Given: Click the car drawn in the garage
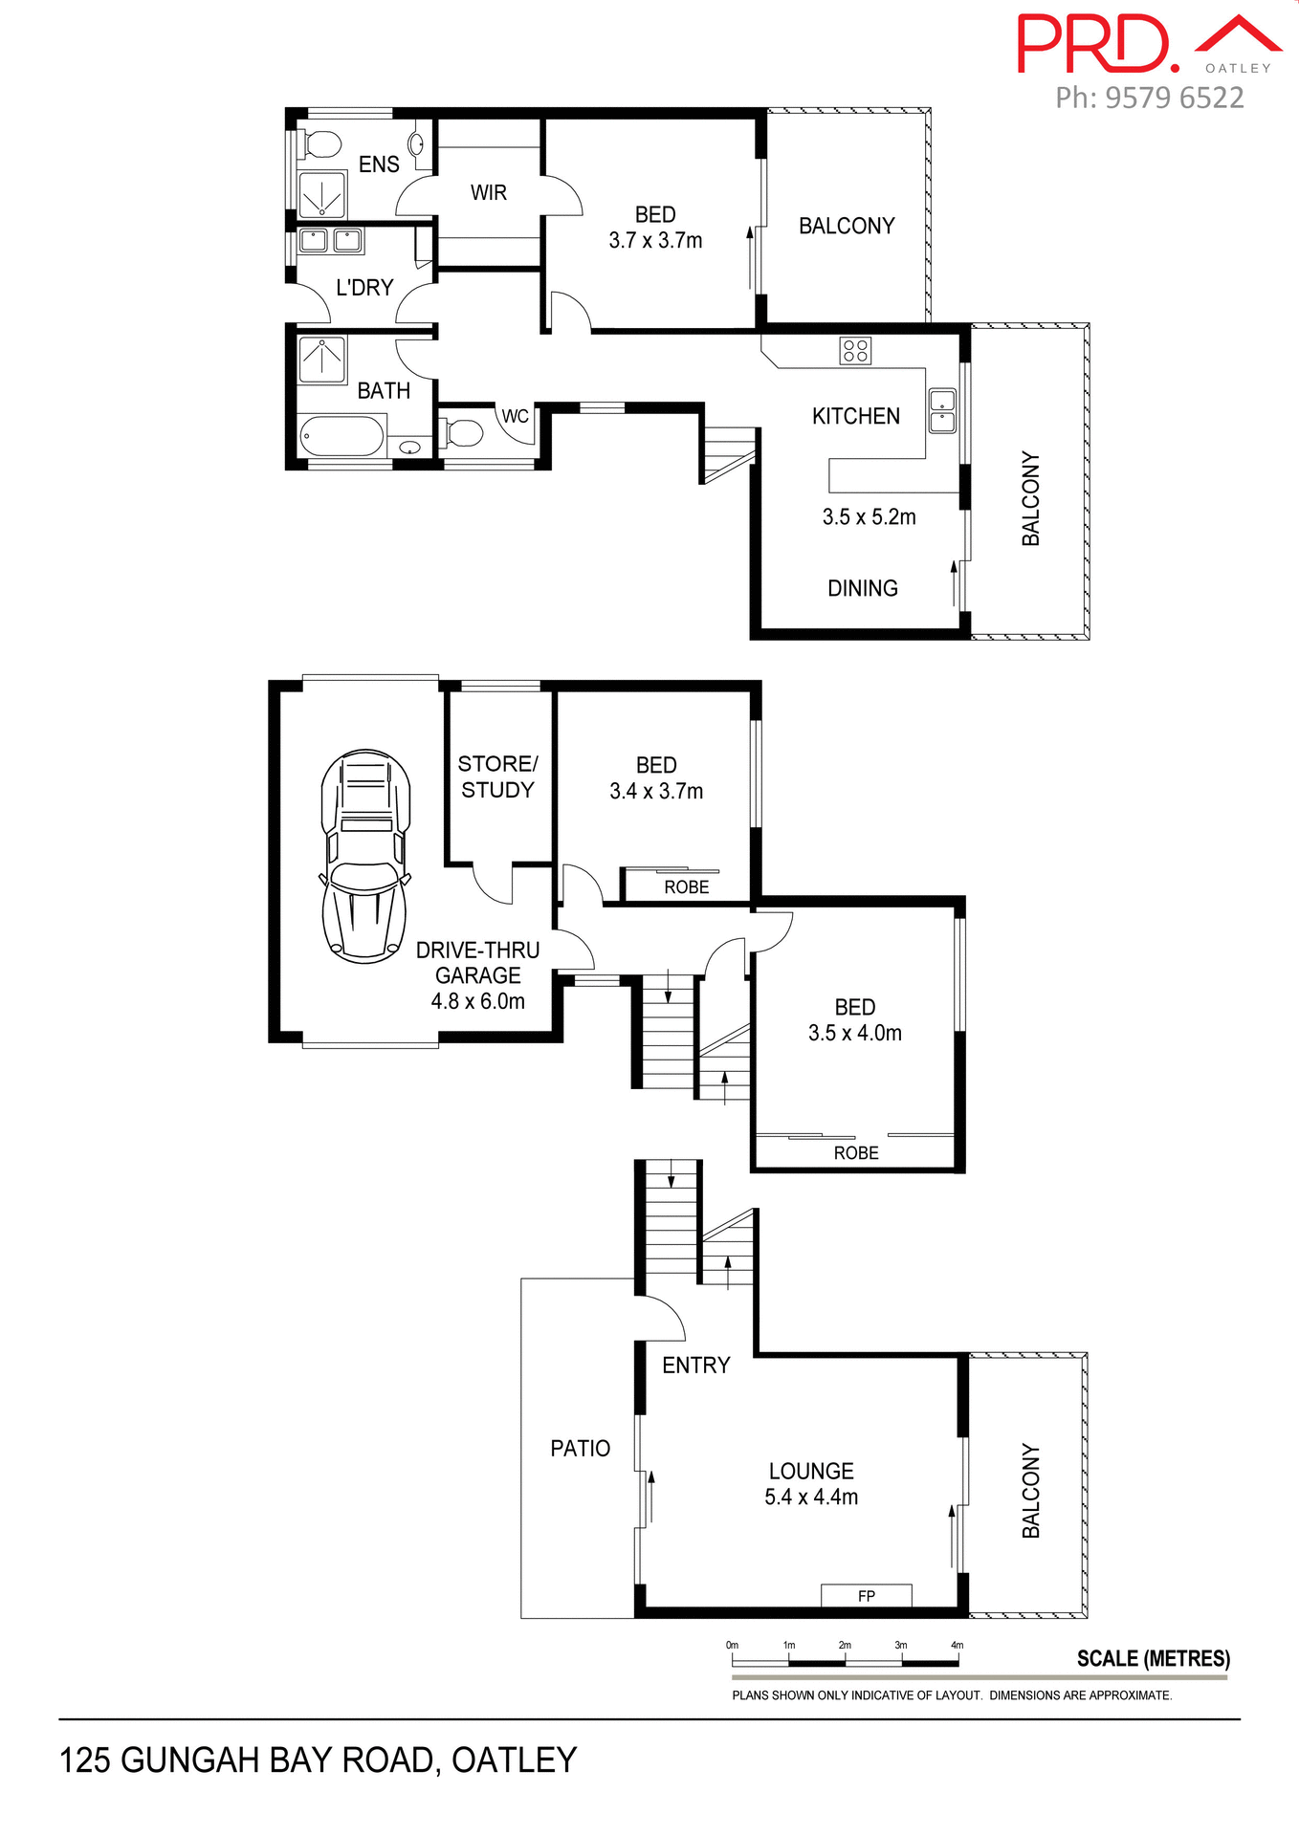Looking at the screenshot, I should click(364, 856).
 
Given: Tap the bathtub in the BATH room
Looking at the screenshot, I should click(341, 437).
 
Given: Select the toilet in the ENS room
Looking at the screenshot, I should click(320, 145).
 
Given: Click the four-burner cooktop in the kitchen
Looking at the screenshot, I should click(855, 351).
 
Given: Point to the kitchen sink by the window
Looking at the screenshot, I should click(942, 409).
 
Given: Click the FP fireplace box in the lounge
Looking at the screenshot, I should click(866, 1596).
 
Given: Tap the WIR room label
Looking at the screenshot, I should click(488, 193).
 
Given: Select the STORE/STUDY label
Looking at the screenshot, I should click(497, 776).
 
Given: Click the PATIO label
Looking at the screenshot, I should click(580, 1449).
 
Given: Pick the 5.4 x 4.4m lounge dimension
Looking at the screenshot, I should click(811, 1497).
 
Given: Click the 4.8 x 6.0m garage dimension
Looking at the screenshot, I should click(477, 1001).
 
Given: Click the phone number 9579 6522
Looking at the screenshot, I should click(1175, 98).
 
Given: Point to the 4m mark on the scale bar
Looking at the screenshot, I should click(957, 1646).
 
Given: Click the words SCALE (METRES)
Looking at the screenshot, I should click(1153, 1659).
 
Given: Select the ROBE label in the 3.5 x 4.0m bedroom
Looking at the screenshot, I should click(855, 1153).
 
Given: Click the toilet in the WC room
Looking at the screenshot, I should click(465, 433).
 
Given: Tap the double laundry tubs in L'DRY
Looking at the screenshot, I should click(330, 240).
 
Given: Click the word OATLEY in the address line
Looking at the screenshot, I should click(514, 1760).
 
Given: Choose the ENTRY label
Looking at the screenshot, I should click(695, 1366).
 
